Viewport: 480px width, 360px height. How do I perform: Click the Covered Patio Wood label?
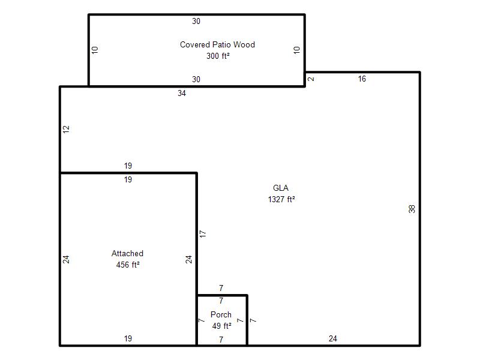point(217,44)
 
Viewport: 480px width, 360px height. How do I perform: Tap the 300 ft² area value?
point(218,56)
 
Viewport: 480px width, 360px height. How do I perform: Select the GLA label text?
point(281,188)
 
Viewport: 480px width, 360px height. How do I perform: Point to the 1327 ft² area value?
point(281,199)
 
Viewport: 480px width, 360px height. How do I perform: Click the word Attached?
point(127,253)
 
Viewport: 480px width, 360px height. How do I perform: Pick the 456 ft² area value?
point(128,265)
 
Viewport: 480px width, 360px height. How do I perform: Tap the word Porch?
point(221,314)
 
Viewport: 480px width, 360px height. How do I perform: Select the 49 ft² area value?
point(221,326)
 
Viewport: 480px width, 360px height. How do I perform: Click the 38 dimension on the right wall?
point(412,209)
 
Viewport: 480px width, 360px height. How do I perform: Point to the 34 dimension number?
point(182,94)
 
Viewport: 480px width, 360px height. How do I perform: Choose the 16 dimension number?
point(362,79)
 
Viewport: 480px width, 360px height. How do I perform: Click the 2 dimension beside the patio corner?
point(311,79)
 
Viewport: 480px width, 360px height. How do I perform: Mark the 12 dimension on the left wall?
point(66,129)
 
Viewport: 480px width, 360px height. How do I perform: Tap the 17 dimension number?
point(203,234)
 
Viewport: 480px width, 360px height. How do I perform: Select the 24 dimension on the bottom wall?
point(333,338)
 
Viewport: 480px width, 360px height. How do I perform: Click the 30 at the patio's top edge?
point(196,21)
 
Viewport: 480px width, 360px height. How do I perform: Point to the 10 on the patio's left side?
point(95,50)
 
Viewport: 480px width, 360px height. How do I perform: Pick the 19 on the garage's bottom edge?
point(128,338)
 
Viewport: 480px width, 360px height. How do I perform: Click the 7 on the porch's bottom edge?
point(221,340)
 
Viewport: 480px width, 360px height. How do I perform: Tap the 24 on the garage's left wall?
point(66,260)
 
